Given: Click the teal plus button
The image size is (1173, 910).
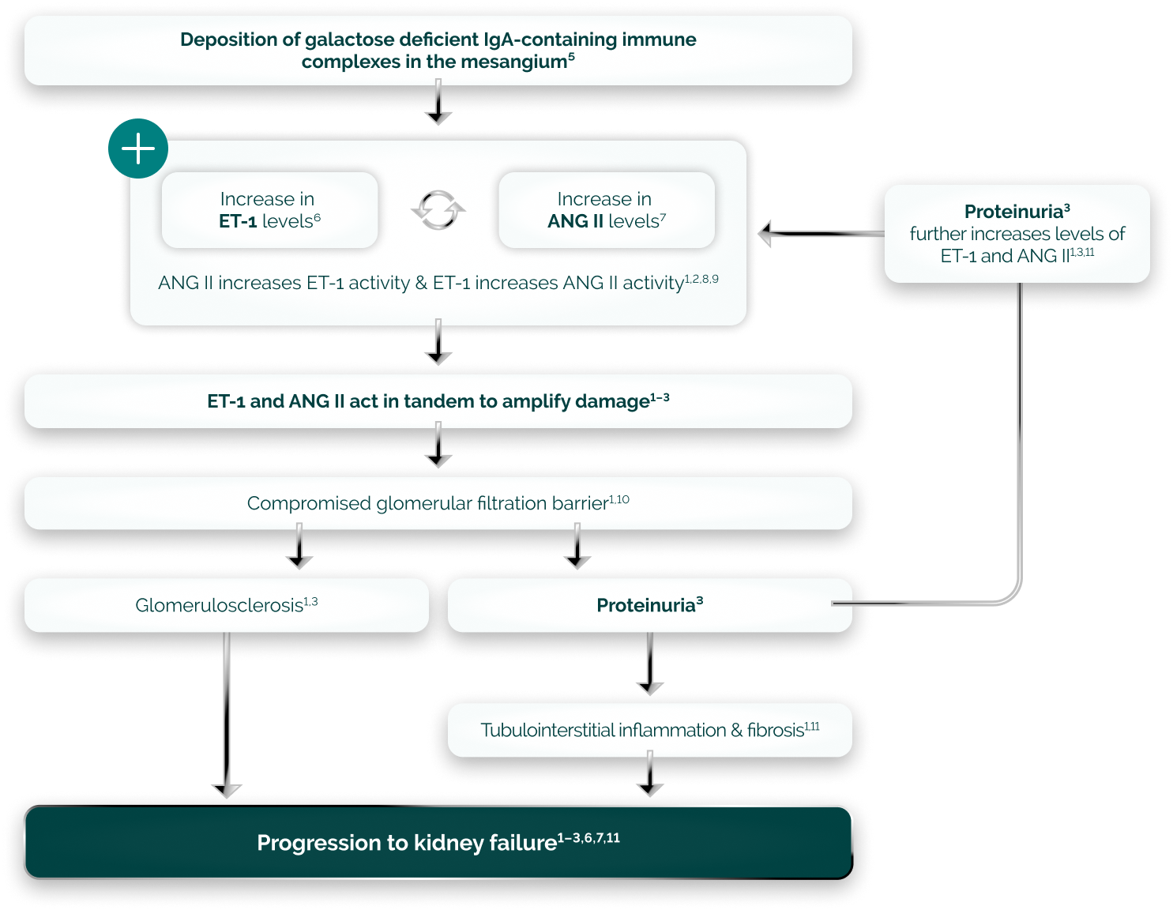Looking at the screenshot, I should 138,149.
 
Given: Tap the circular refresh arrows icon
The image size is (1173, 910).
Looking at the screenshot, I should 438,210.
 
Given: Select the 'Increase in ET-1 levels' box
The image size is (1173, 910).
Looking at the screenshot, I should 269,210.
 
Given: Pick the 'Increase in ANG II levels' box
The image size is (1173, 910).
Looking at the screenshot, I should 607,210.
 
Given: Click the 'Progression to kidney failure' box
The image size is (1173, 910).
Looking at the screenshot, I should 438,842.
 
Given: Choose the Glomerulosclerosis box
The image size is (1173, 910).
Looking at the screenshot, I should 227,605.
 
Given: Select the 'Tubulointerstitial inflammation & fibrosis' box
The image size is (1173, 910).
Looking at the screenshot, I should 649,730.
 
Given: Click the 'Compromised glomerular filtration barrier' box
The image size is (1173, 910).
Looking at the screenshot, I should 438,503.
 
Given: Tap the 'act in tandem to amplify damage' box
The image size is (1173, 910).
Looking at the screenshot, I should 438,401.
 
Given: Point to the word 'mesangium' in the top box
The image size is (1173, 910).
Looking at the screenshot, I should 513,62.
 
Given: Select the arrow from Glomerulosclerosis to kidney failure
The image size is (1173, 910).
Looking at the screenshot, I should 227,711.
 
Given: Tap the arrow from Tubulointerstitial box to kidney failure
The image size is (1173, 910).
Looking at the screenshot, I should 649,775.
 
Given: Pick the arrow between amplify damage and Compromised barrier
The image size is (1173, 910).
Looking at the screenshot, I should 438,447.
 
